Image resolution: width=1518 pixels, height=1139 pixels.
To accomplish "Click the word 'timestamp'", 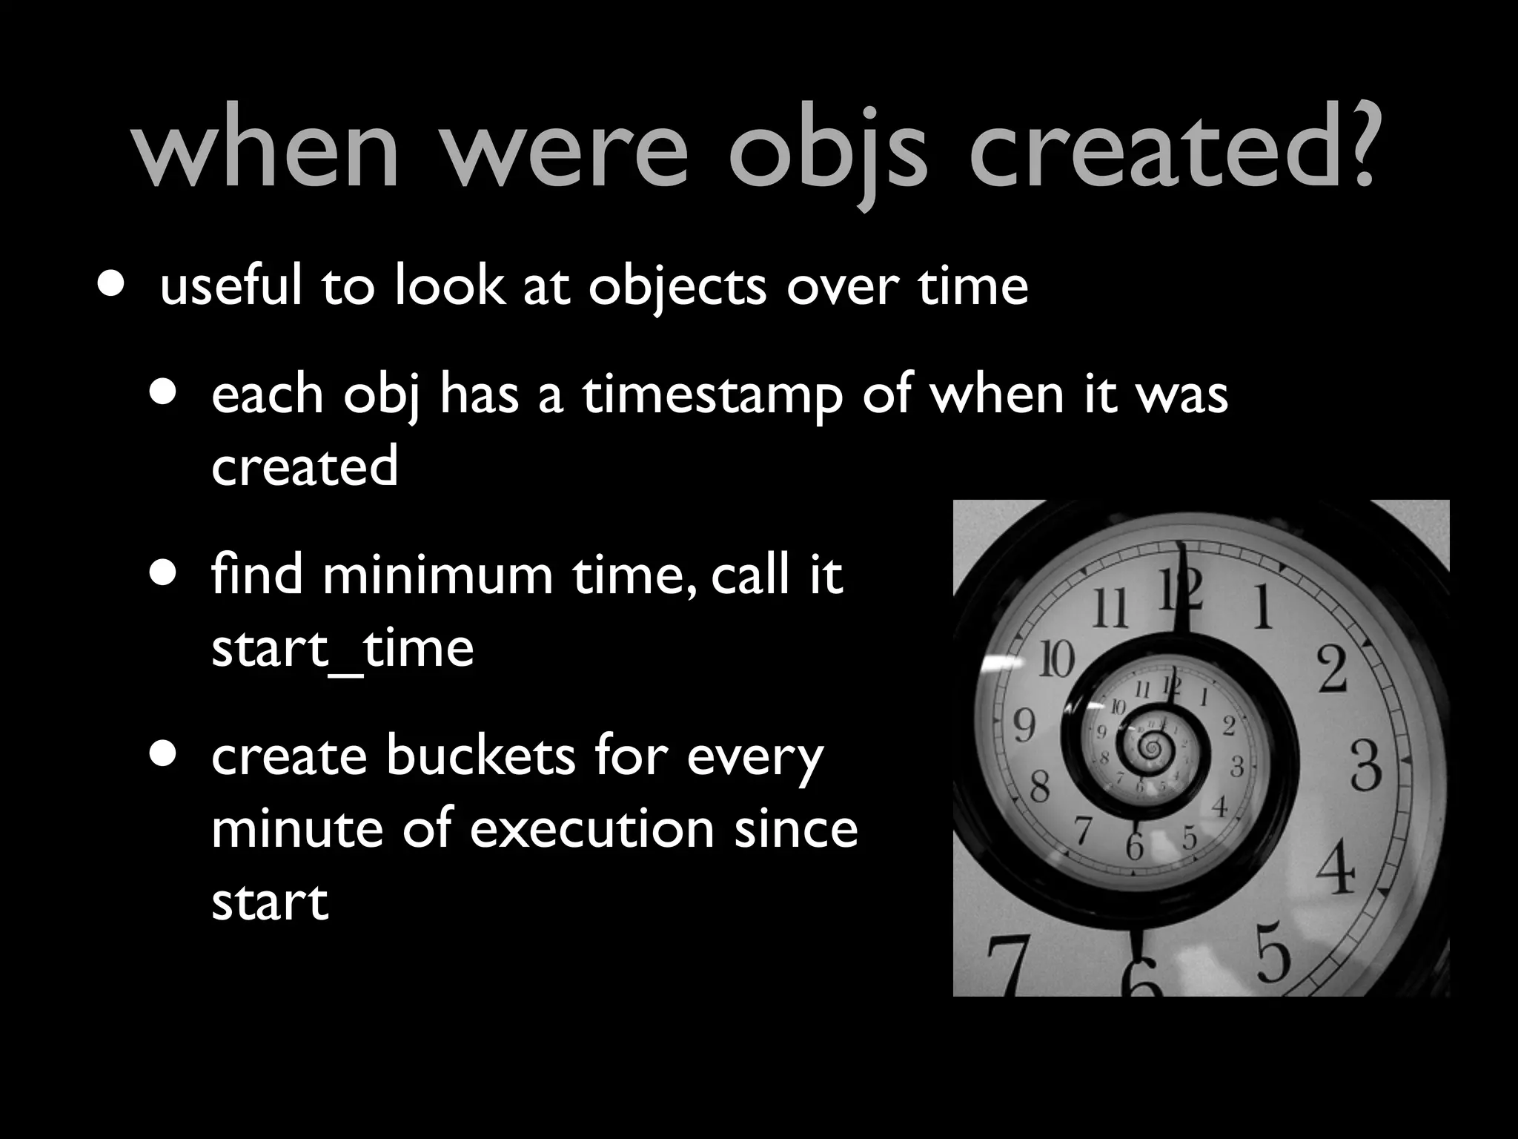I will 712,395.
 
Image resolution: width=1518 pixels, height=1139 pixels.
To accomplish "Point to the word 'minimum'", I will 437,575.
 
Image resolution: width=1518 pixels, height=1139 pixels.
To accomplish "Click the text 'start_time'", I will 342,648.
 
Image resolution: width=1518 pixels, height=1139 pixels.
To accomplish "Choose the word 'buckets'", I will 480,756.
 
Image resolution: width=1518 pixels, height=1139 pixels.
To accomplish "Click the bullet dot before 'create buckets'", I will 162,754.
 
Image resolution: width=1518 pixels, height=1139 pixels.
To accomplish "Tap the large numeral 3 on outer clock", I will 1365,767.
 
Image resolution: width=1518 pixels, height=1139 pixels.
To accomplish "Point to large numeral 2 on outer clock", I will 1332,670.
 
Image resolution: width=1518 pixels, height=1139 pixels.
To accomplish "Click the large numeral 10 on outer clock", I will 1055,658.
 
